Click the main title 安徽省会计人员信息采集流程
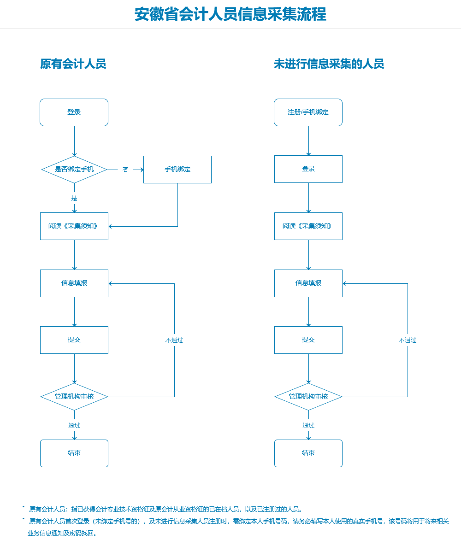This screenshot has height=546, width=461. click(x=230, y=14)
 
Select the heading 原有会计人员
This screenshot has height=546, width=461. click(x=73, y=64)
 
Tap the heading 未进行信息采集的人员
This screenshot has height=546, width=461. click(x=329, y=64)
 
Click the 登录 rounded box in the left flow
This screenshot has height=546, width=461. click(x=74, y=112)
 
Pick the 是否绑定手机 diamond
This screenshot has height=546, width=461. click(x=74, y=169)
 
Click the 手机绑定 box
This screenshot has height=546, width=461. click(x=177, y=169)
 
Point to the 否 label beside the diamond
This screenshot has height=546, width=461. click(x=125, y=170)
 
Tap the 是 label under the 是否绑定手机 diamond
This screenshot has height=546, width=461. click(x=74, y=198)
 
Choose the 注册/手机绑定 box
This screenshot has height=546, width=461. click(x=308, y=112)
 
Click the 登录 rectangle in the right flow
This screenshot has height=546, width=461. click(x=308, y=169)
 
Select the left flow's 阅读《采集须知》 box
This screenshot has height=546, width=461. click(x=74, y=226)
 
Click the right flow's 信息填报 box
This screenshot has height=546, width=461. click(x=308, y=283)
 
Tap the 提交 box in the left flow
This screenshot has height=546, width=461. click(x=74, y=340)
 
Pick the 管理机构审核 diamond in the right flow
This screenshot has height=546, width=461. click(x=308, y=396)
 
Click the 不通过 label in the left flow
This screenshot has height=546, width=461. click(x=174, y=340)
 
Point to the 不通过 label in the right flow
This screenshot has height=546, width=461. click(x=408, y=340)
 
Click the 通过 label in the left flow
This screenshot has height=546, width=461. click(x=74, y=425)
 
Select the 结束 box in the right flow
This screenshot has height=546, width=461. click(x=308, y=453)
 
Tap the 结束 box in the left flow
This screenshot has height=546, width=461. click(x=74, y=453)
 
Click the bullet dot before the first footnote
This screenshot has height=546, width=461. click(x=24, y=507)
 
